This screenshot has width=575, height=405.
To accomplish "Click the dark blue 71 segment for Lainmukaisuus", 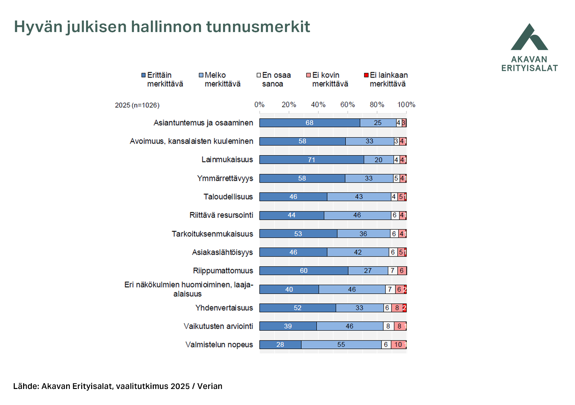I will pos(312,160).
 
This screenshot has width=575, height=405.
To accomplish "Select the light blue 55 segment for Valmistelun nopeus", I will pos(341,345).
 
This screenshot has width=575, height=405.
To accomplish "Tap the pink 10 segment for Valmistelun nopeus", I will pos(398,345).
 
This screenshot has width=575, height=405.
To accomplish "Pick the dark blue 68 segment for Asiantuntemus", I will pos(310,123).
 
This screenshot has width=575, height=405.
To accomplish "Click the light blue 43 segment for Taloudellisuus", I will pos(359,197).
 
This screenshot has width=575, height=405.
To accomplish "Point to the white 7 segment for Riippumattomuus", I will pos(392,271).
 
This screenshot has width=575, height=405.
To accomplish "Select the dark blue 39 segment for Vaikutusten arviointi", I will pos(288,326).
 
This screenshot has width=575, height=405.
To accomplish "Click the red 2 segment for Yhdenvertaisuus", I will pos(405,308).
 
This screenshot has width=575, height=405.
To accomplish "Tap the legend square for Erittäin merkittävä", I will pos(143,75).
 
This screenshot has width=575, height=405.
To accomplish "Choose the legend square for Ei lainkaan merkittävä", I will pos(366,75).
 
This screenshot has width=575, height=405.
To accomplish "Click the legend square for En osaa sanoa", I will pos(259,75).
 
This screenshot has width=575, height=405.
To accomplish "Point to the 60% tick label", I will pos(348,105).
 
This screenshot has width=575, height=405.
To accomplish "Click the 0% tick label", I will pos(259,105).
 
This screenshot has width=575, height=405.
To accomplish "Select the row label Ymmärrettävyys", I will pos(225,178).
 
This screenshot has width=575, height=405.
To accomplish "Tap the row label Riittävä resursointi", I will pos(221,215).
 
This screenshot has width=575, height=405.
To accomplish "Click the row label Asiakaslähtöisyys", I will pos(222,252).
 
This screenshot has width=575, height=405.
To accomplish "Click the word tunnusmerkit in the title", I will pos(258,27).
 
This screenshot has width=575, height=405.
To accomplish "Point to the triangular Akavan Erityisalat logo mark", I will pos(529,38).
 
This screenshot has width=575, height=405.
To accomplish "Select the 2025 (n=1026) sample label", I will pos(137,105).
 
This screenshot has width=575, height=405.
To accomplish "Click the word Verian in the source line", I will pos(210,386).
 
